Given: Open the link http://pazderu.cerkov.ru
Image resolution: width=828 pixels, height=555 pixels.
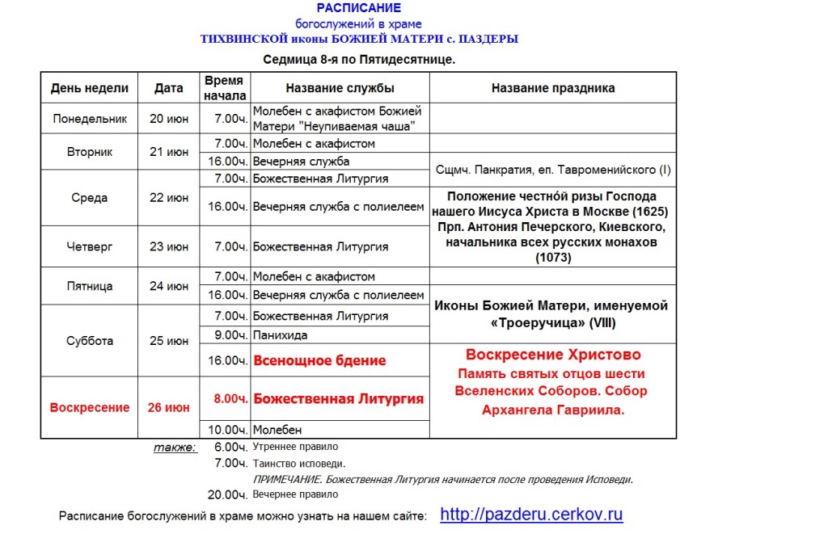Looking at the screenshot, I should click(x=531, y=515).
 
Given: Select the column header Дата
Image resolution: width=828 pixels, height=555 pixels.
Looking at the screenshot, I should click(x=169, y=88).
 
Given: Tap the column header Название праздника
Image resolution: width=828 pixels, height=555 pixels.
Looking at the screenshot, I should click(x=552, y=88).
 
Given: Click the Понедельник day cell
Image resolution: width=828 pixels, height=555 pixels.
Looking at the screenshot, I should click(x=90, y=119).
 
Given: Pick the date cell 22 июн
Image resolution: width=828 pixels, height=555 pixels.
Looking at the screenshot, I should click(x=169, y=198).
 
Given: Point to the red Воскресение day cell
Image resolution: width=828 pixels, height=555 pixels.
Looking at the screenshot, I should click(x=90, y=407).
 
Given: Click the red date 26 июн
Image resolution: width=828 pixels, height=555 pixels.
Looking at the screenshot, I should click(x=169, y=407).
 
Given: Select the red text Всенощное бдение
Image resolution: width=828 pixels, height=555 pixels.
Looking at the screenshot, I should click(x=319, y=361).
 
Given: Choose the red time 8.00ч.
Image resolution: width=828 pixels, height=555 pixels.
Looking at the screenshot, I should click(x=230, y=398).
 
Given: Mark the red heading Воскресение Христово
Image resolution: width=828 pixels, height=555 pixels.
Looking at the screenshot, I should click(x=552, y=355).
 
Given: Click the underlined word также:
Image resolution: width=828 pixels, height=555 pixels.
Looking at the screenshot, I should click(x=175, y=447).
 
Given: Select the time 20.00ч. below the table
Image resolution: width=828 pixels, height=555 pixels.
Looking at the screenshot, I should click(x=227, y=494).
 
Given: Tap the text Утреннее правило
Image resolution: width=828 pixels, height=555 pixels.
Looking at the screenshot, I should click(x=295, y=447).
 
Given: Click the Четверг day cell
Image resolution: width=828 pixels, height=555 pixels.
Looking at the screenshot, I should click(x=90, y=246).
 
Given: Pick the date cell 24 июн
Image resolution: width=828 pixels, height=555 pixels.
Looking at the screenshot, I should click(x=169, y=286).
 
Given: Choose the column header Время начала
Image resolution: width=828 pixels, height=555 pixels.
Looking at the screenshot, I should click(x=224, y=88).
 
